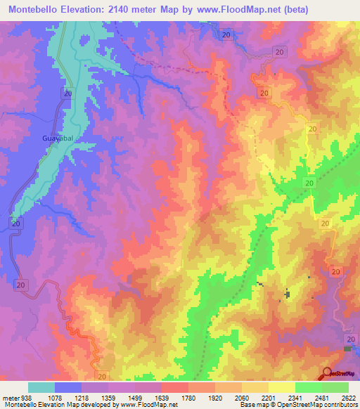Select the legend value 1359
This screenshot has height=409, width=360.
point(108,398)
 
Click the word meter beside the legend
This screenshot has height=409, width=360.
point(8,398)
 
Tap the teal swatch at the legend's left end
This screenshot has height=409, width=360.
point(41,387)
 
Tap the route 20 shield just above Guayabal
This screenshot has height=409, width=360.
point(67,93)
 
